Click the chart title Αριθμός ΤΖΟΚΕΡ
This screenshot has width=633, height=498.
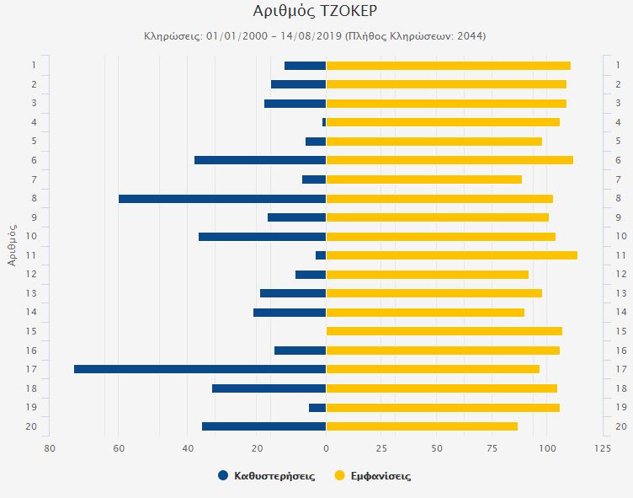point(315,11)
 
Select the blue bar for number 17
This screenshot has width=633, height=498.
point(199,369)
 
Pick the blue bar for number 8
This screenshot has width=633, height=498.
point(222,199)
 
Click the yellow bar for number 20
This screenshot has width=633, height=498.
point(422,426)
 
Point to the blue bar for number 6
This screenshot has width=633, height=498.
point(260,160)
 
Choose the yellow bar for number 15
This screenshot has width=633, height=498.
point(444,331)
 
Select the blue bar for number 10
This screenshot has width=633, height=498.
point(262,237)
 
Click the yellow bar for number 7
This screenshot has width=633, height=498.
point(423,179)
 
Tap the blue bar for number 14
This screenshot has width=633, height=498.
point(290,313)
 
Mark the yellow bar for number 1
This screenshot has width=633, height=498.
point(448,66)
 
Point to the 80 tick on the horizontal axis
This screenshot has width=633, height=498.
point(50,447)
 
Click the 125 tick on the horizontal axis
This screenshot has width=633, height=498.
point(602,447)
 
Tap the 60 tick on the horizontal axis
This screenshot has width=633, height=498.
point(119,447)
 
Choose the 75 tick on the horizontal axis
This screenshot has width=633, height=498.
point(492,447)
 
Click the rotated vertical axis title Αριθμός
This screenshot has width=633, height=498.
point(12,245)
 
